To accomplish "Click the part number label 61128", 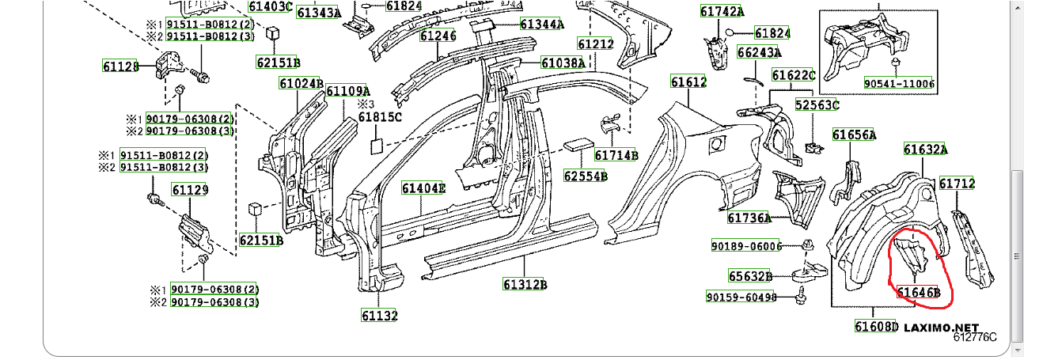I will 120,66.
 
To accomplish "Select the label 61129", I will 190,190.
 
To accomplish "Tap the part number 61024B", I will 301,83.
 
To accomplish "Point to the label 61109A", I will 348,91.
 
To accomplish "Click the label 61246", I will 438,36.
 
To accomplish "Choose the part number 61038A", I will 563,63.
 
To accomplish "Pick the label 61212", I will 595,44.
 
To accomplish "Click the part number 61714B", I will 616,155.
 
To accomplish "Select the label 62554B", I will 586,175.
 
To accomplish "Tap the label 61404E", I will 423,188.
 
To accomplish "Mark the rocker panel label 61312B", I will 525,284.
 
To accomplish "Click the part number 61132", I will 380,316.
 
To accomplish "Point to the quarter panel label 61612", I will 688,82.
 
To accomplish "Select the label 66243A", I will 759,53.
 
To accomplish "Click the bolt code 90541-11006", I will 899,84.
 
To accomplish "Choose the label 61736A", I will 749,218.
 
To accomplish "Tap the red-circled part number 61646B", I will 918,292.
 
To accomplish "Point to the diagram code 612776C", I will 975,338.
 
